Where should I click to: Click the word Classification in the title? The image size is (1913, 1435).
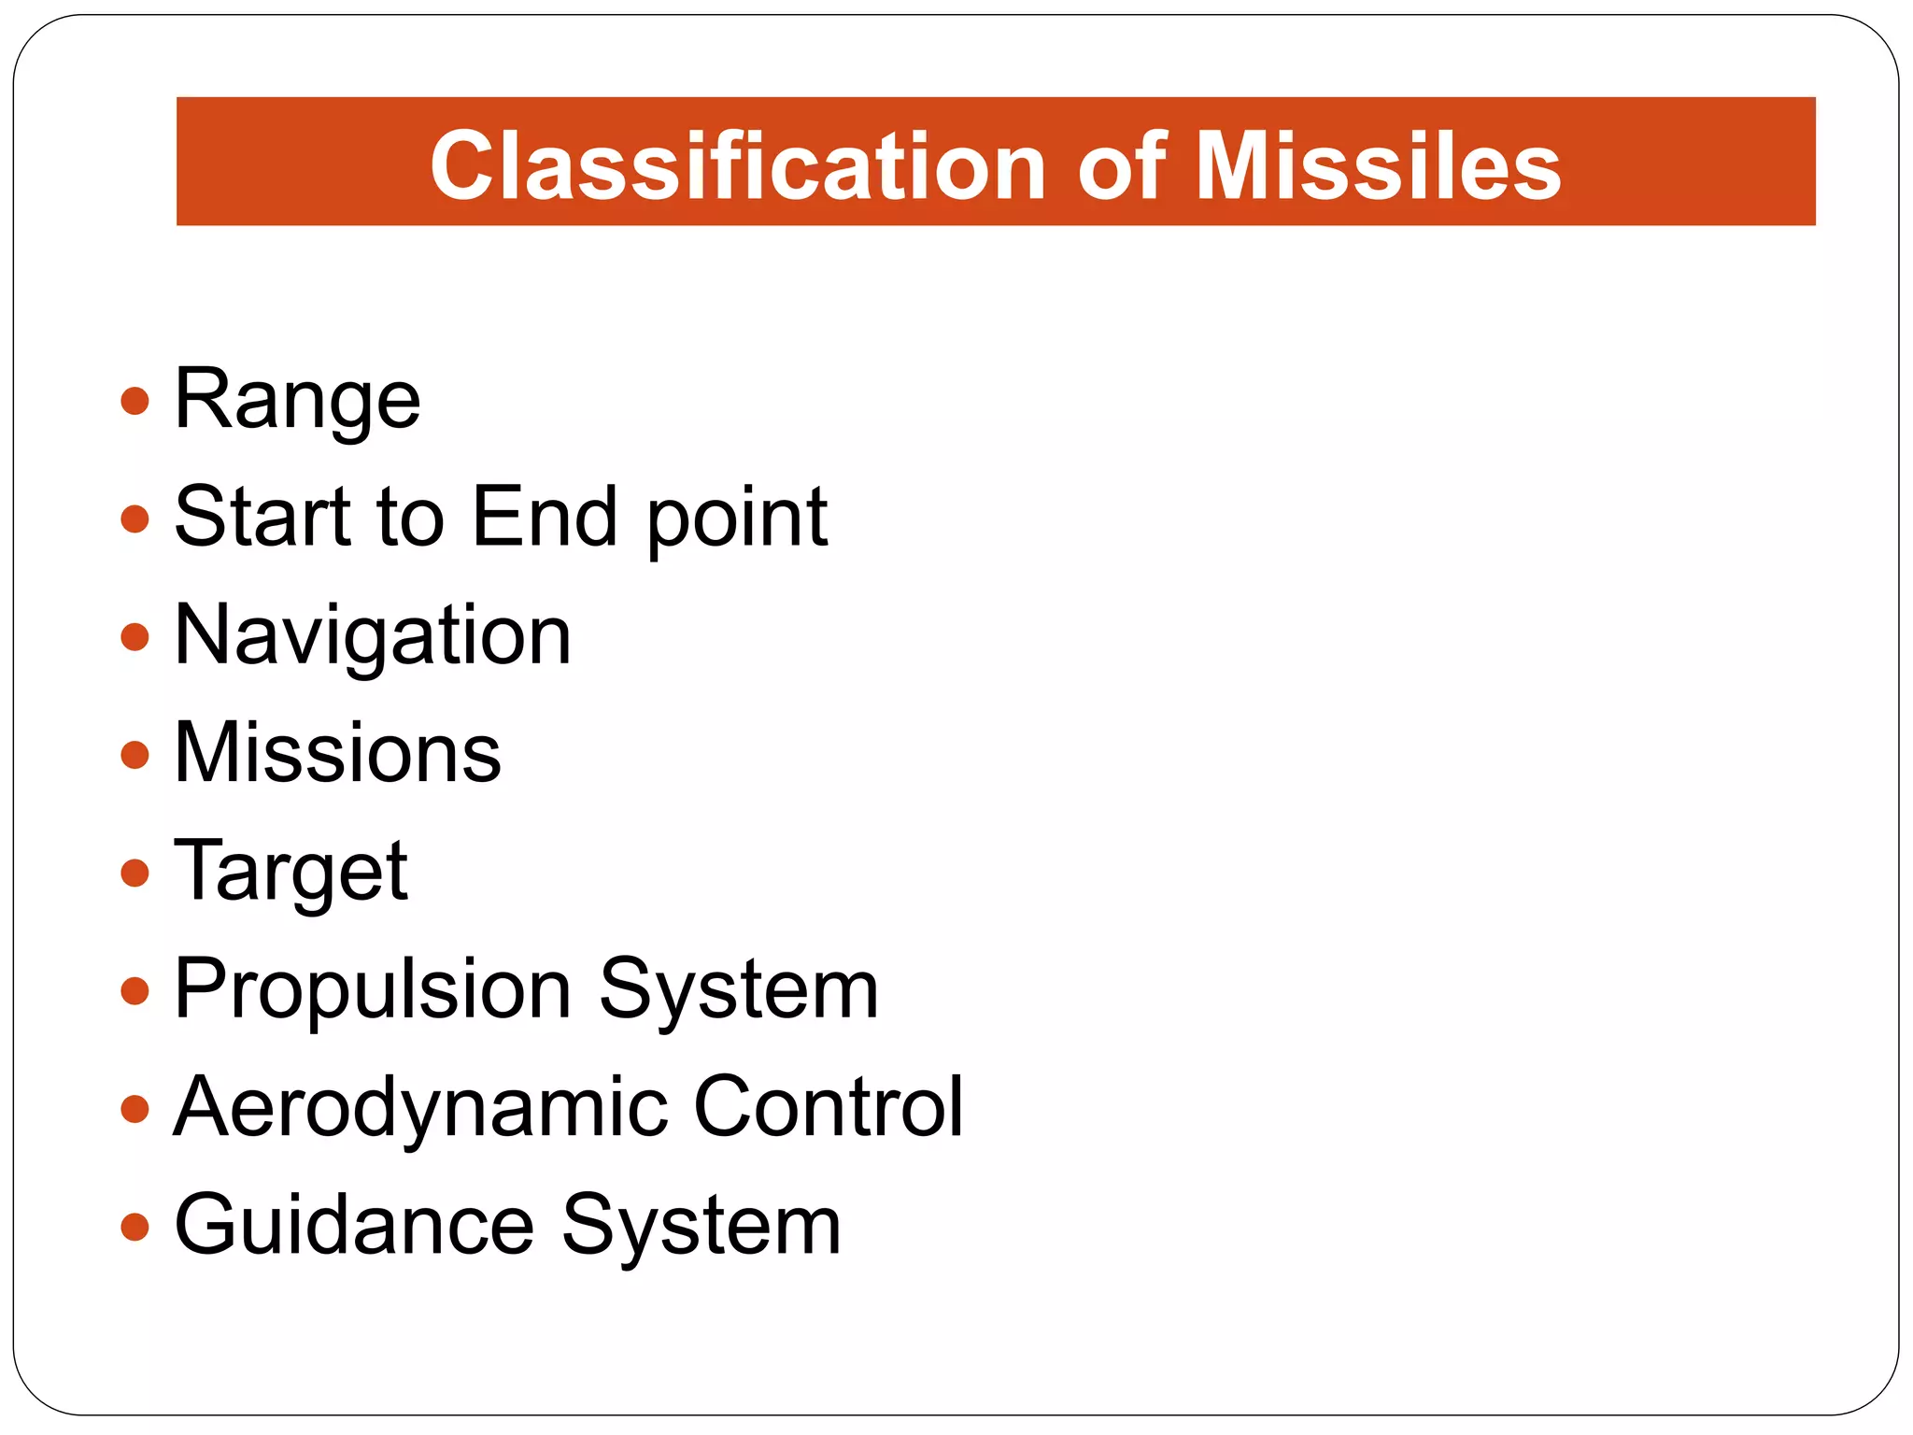pyautogui.click(x=738, y=166)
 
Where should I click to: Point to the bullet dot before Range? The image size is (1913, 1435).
pyautogui.click(x=135, y=402)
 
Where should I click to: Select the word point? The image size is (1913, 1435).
pyautogui.click(x=737, y=519)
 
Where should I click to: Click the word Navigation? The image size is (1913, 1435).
pyautogui.click(x=372, y=636)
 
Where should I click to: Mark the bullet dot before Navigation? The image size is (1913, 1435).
pyautogui.click(x=135, y=637)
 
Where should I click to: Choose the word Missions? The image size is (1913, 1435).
pyautogui.click(x=337, y=753)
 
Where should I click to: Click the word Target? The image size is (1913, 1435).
pyautogui.click(x=290, y=873)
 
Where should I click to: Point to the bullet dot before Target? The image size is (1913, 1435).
pyautogui.click(x=135, y=874)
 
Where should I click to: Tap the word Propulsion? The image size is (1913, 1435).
pyautogui.click(x=373, y=990)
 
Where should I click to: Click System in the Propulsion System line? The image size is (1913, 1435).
pyautogui.click(x=738, y=990)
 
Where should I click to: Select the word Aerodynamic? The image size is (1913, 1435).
pyautogui.click(x=420, y=1108)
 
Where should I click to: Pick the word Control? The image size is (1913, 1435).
pyautogui.click(x=828, y=1107)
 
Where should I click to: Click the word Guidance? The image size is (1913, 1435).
pyautogui.click(x=354, y=1226)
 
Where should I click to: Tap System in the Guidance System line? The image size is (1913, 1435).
pyautogui.click(x=701, y=1226)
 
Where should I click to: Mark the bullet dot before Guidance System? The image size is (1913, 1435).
pyautogui.click(x=135, y=1227)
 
